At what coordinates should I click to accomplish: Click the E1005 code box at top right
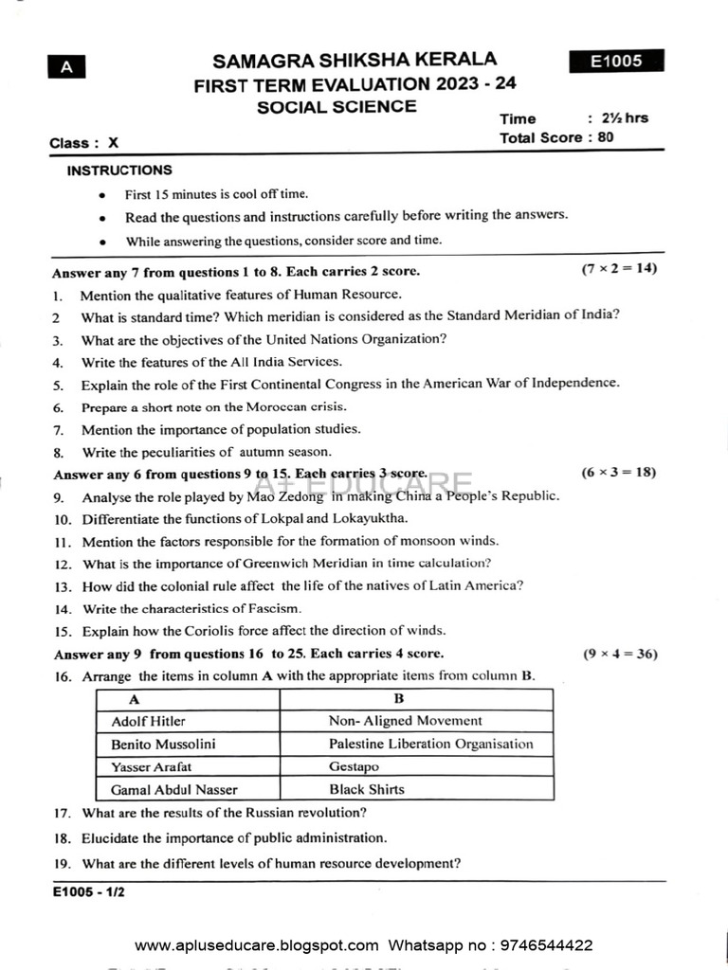pos(616,61)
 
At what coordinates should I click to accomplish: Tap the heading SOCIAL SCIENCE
pos(337,107)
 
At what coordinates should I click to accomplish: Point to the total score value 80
pos(606,137)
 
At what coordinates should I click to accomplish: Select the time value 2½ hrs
pos(627,118)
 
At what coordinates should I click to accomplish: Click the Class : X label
pos(84,143)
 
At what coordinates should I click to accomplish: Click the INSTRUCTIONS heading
pos(119,171)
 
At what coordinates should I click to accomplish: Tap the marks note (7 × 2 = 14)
pos(619,269)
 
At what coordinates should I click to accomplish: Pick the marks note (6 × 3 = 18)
pos(619,472)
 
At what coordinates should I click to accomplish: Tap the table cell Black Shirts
pos(366,789)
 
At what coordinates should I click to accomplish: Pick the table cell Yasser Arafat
pos(144,766)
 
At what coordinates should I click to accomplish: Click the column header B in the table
pos(399,699)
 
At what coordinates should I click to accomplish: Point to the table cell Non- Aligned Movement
pos(405,721)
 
